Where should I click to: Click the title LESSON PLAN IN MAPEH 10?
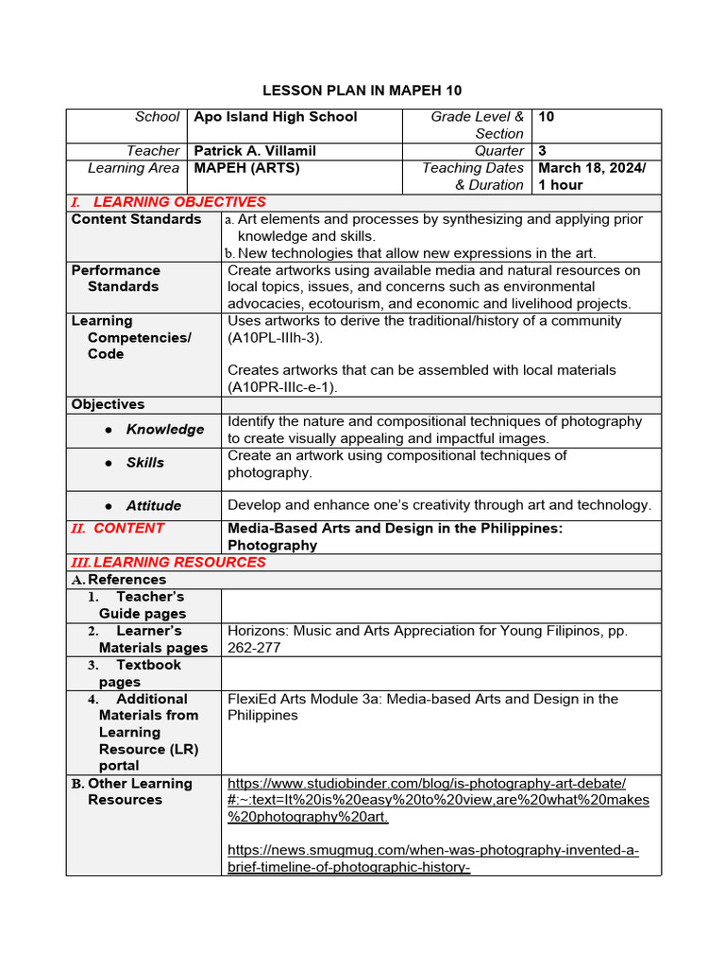(362, 91)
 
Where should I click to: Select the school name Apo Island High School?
(276, 117)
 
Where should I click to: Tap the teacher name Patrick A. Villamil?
(255, 151)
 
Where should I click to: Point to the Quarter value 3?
(543, 151)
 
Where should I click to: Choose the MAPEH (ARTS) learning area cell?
(247, 168)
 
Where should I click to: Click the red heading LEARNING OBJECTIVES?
(179, 202)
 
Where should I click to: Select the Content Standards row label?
(136, 219)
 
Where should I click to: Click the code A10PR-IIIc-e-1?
(282, 387)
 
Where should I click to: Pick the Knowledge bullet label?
(164, 430)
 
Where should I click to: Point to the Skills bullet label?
(144, 463)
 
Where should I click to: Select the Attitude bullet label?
(153, 506)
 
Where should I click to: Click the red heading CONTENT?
(128, 529)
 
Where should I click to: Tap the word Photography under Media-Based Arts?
(272, 546)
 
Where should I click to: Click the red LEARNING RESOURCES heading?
(179, 563)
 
